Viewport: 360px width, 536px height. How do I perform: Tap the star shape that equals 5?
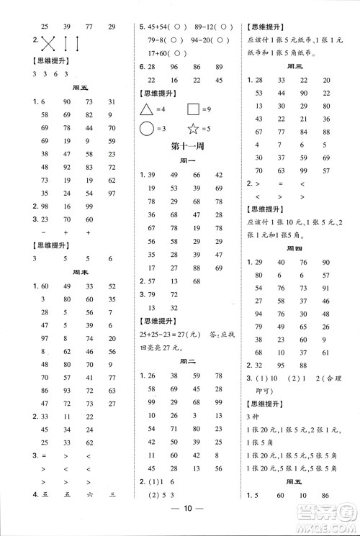[194, 130]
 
